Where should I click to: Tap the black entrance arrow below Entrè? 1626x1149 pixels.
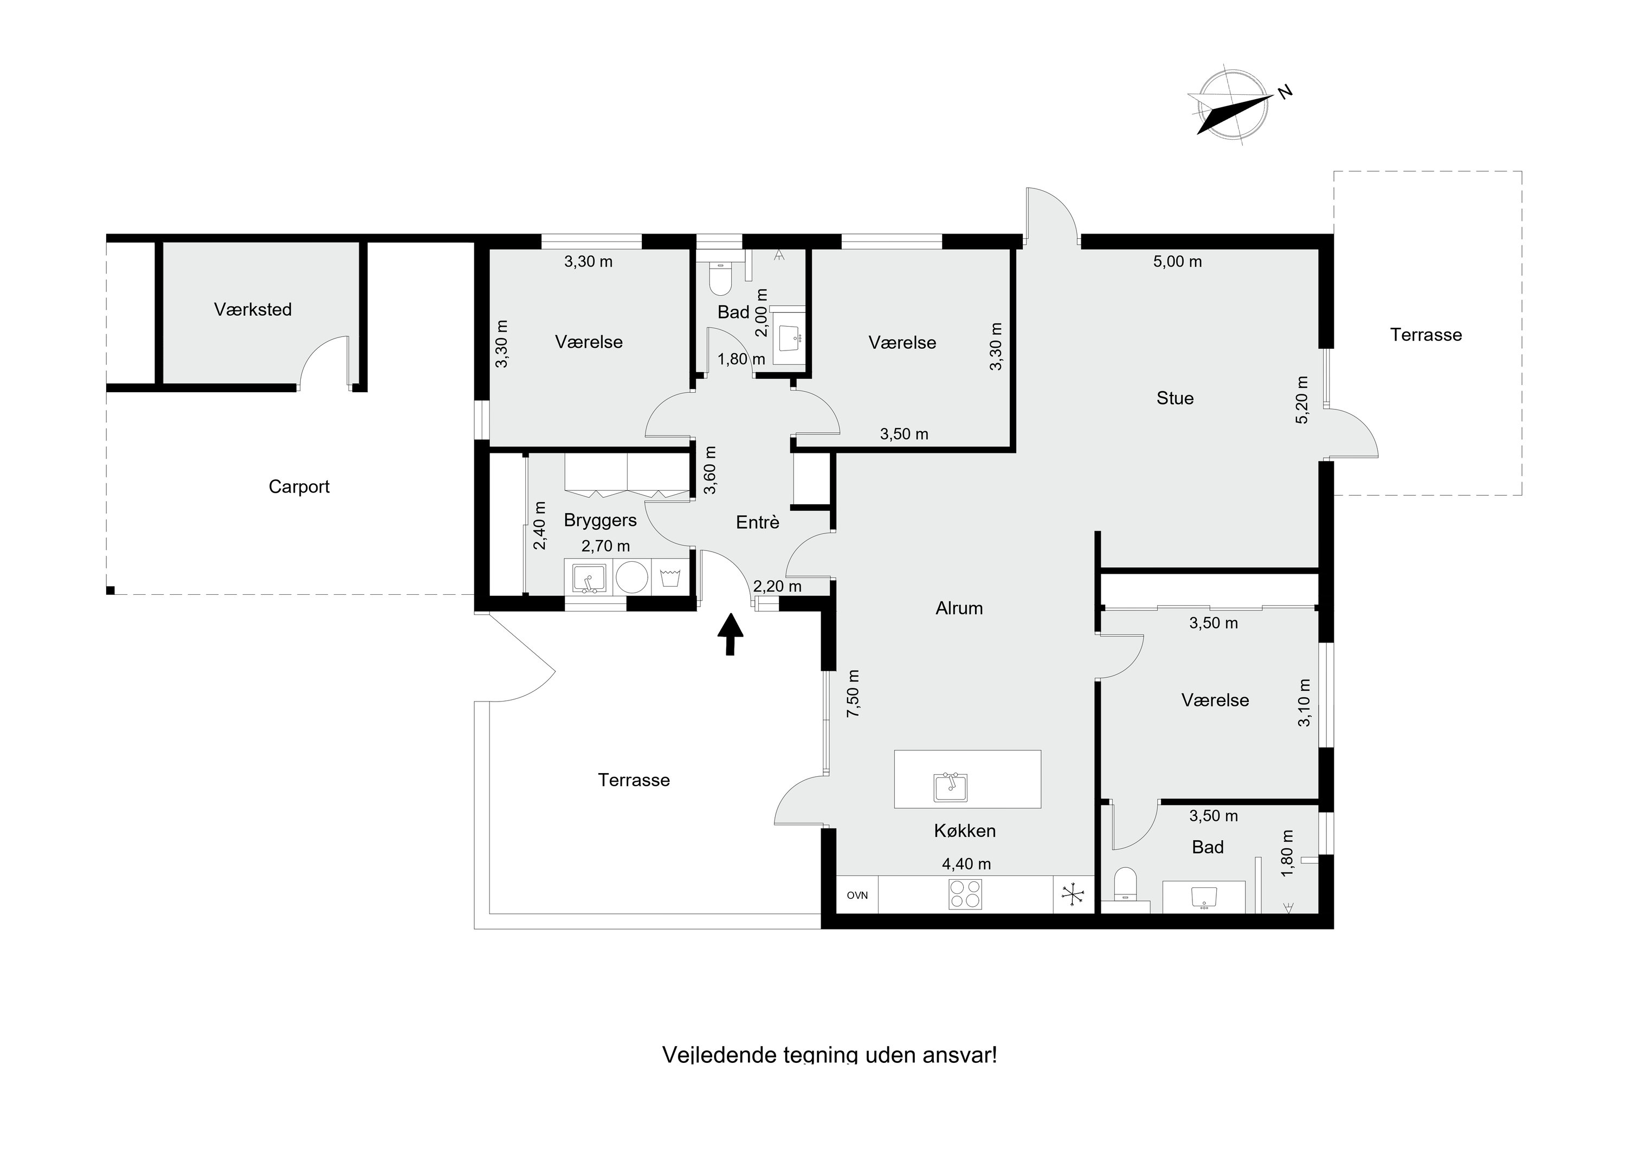731,634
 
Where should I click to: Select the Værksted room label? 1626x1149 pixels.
253,309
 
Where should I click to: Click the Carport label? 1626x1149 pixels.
299,487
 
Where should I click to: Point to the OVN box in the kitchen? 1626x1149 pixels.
857,895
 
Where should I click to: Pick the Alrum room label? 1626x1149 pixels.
959,608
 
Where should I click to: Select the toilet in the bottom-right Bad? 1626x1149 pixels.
1125,887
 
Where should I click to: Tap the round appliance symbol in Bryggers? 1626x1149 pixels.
632,577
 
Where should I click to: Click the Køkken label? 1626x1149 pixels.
965,831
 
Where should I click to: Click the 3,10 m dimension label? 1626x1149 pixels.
1304,703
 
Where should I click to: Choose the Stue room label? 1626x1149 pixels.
1175,399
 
